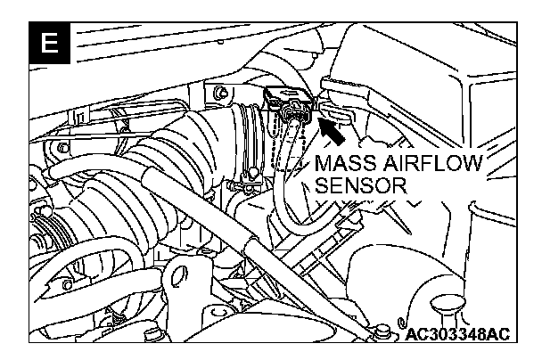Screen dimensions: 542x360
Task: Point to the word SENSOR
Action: click(363, 188)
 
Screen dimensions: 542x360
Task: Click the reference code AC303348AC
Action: click(456, 335)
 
